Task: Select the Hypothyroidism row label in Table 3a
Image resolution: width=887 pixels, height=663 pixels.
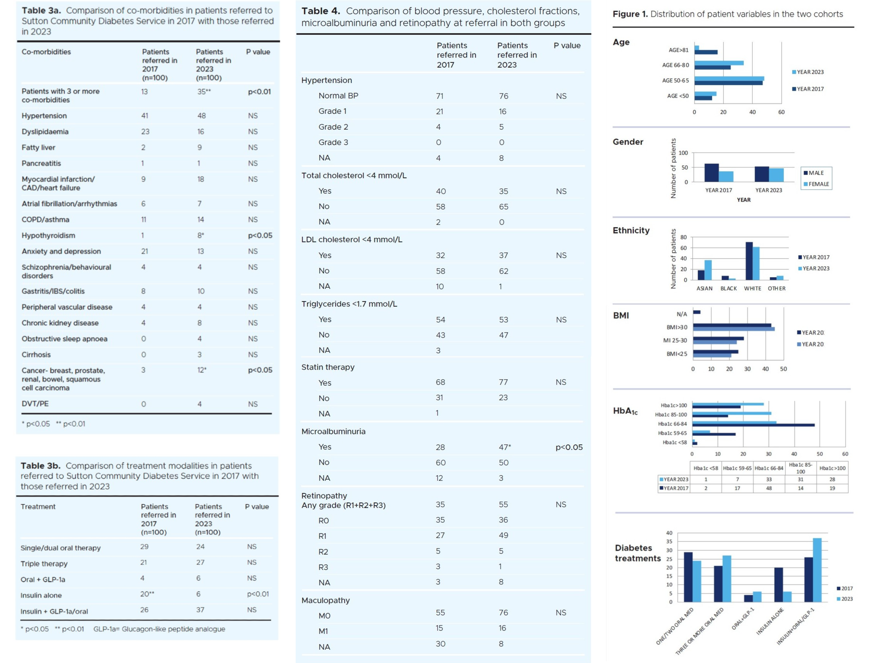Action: [x=48, y=235]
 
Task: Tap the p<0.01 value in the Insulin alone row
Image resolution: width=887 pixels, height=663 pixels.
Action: [x=258, y=594]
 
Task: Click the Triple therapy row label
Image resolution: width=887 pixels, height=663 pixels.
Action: [x=44, y=564]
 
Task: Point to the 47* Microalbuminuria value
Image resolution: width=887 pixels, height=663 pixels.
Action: [x=505, y=447]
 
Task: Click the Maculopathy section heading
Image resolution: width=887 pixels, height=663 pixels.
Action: [x=326, y=600]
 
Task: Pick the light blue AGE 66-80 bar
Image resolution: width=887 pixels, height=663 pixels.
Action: [x=718, y=63]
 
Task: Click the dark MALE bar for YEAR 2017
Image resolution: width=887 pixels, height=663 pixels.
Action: [x=711, y=173]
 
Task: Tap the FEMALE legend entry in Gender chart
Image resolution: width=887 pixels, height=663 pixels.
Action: [x=818, y=184]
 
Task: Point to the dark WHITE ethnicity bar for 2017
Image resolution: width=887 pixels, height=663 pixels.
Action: [x=749, y=260]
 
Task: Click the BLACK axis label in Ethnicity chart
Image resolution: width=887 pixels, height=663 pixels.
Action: [x=728, y=288]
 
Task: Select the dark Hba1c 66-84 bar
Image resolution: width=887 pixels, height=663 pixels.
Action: [x=753, y=425]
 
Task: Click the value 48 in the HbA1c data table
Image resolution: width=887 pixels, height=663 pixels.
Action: [x=769, y=488]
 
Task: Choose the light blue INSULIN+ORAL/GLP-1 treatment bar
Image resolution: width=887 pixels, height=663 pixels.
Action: [x=817, y=570]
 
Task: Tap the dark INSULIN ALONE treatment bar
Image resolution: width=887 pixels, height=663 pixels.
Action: [x=778, y=584]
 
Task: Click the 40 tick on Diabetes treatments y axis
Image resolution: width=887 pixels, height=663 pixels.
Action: [x=669, y=533]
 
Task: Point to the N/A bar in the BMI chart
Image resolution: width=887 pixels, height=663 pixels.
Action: [x=697, y=312]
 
